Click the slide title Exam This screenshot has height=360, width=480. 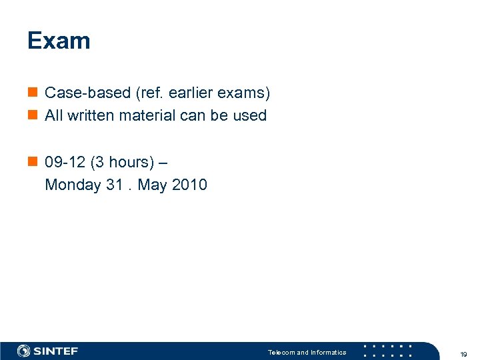click(59, 41)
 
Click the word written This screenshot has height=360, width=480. click(91, 115)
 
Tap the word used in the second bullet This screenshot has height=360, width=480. click(249, 115)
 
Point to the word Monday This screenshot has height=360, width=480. click(73, 185)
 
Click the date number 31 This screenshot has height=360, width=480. click(114, 185)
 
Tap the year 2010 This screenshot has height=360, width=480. click(189, 185)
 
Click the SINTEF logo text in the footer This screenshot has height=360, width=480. click(56, 351)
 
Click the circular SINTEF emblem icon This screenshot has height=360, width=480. click(24, 351)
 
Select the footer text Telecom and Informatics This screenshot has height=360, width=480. click(307, 352)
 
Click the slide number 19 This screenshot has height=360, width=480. click(463, 354)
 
